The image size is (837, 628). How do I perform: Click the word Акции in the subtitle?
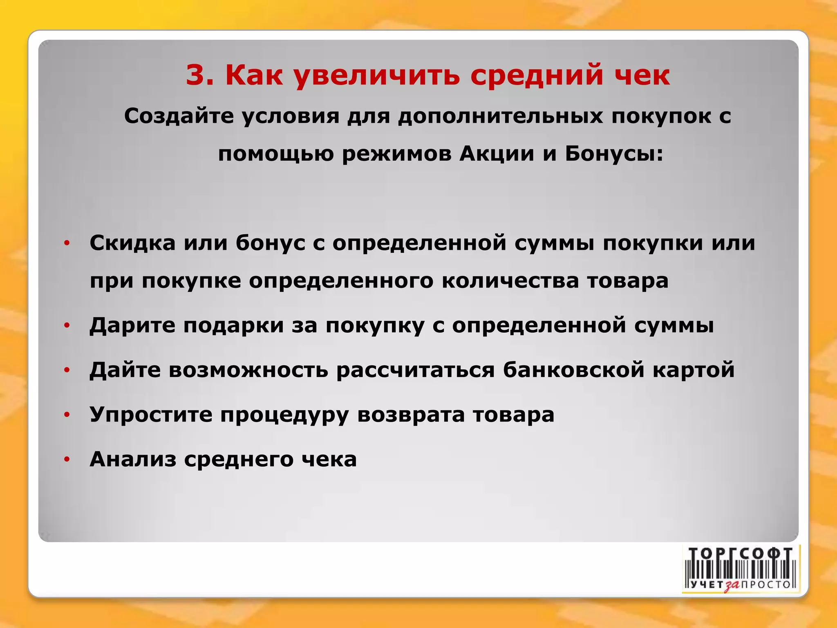[x=497, y=154]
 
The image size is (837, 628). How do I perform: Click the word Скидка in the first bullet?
[x=132, y=243]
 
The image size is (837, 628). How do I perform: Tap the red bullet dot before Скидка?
[x=67, y=244]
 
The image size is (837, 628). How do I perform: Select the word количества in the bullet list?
[x=510, y=281]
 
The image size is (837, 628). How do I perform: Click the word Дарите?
[x=132, y=325]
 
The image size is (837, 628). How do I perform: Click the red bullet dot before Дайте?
[x=67, y=370]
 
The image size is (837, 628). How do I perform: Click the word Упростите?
[x=151, y=415]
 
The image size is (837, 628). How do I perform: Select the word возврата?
[x=411, y=415]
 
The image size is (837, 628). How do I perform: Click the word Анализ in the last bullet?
[x=132, y=459]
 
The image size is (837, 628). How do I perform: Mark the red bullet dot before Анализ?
[x=67, y=460]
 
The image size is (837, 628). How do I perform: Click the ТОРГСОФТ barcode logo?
[x=741, y=569]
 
